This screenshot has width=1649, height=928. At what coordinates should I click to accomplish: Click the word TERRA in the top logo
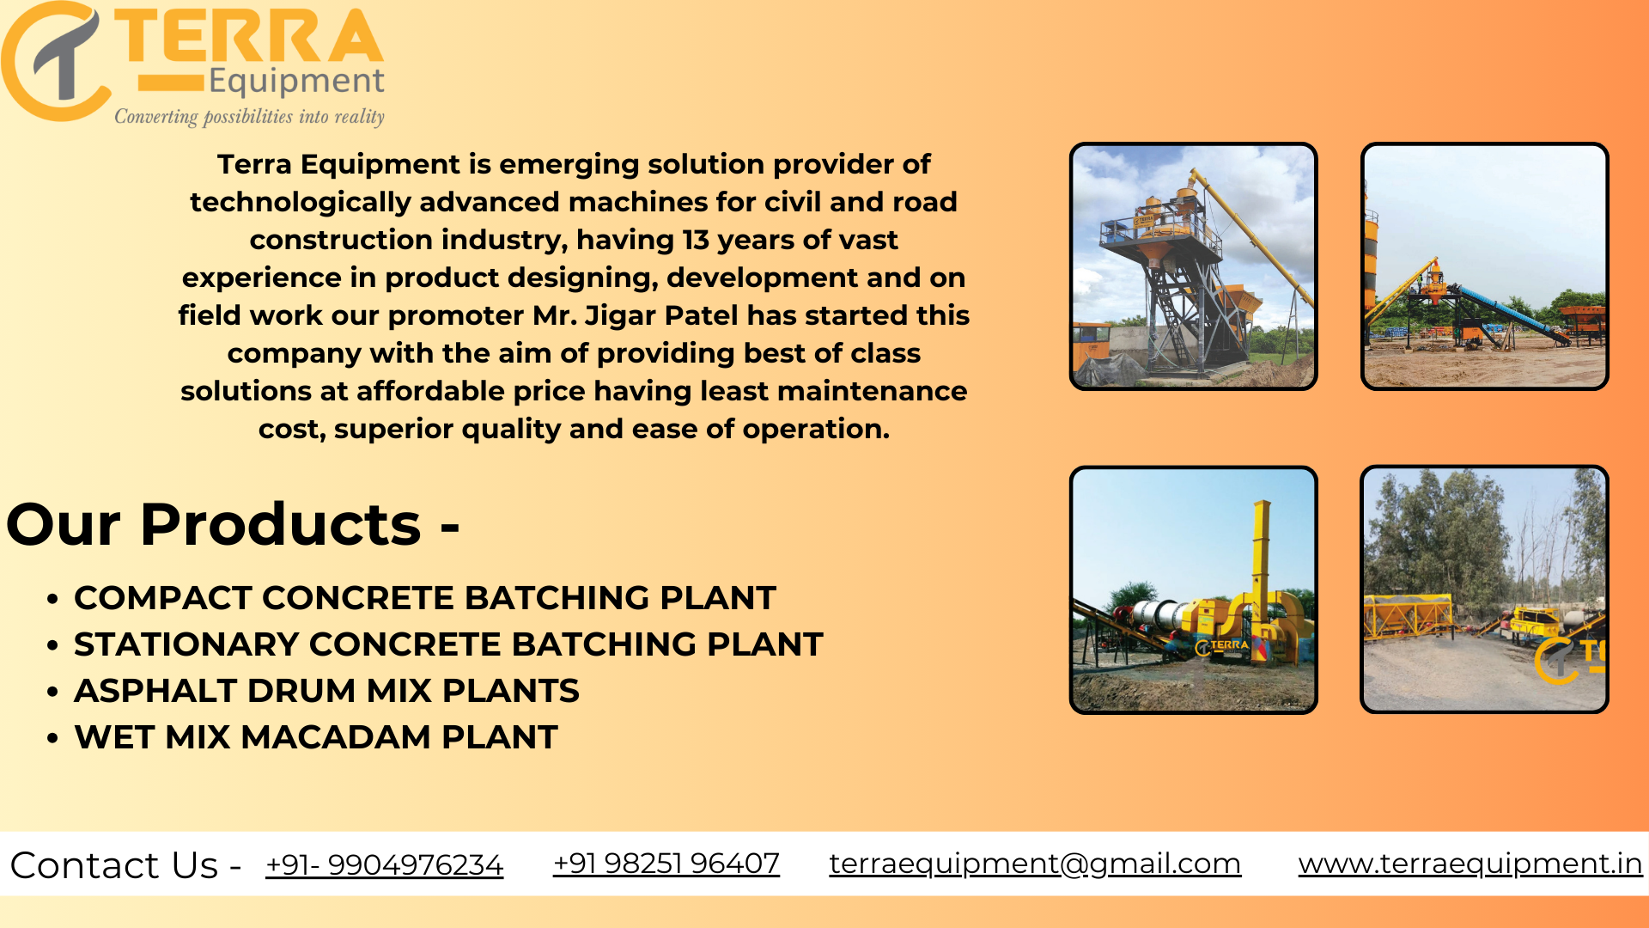[x=249, y=36]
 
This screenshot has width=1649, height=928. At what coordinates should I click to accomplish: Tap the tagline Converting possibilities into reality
[x=250, y=116]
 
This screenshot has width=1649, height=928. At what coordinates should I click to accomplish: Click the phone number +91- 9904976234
[x=384, y=864]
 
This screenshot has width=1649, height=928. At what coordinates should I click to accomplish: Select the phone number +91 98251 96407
[x=666, y=863]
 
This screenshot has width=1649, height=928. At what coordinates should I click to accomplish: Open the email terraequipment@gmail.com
[x=1035, y=864]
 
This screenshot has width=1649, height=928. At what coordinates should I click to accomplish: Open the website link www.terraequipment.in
[x=1470, y=864]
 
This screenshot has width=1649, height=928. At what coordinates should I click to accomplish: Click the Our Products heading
[x=233, y=523]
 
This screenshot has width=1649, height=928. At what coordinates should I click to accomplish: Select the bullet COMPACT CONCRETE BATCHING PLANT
[x=425, y=597]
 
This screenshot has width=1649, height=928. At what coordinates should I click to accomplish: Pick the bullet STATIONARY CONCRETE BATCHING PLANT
[x=448, y=644]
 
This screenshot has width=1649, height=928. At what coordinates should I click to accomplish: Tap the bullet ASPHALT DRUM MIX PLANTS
[x=326, y=690]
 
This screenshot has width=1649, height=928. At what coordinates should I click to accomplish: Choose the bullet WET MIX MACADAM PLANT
[x=316, y=736]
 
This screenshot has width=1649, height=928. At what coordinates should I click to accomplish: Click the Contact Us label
[x=125, y=864]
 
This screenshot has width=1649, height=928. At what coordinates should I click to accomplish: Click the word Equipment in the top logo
[x=296, y=82]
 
